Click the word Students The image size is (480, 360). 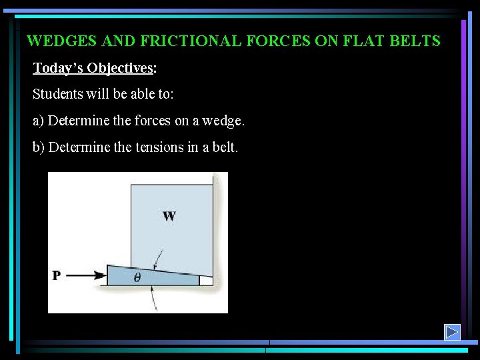click(x=57, y=94)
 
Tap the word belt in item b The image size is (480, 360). click(x=225, y=147)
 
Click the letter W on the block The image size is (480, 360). click(x=169, y=215)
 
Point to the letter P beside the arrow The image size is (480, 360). click(x=57, y=275)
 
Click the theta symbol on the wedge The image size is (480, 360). click(x=137, y=278)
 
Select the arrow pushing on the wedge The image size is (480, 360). click(x=86, y=275)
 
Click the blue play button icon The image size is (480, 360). click(x=453, y=331)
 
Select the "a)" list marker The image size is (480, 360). click(x=39, y=121)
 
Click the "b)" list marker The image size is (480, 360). click(x=39, y=147)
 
